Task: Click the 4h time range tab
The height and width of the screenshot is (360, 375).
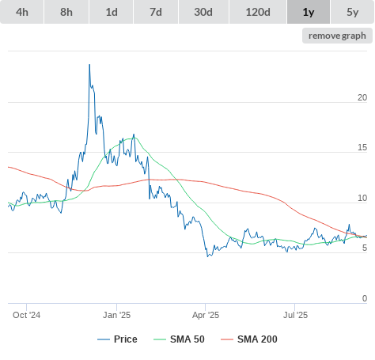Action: [22, 12]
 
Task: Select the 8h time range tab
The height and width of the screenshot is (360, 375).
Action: [66, 12]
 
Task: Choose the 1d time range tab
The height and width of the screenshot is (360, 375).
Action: [112, 12]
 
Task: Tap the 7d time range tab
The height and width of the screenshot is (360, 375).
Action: [156, 12]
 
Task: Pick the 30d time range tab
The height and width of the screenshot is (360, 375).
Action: [203, 12]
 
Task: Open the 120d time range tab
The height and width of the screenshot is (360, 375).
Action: [258, 12]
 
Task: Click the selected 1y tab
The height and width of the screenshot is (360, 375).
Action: [309, 12]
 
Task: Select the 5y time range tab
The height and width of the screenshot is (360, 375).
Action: [353, 12]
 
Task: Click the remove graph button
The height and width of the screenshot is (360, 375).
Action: [337, 36]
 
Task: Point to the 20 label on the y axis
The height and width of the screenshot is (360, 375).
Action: [362, 97]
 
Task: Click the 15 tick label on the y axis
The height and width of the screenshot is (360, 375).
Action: [362, 147]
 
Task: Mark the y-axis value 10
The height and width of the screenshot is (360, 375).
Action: [362, 198]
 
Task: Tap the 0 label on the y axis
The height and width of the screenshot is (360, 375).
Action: [365, 298]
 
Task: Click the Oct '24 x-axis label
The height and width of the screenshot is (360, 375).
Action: [27, 315]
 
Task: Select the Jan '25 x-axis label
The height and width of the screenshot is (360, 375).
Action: [116, 315]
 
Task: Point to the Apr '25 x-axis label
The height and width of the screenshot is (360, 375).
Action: [206, 315]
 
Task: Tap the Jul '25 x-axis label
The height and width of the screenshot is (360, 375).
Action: [295, 315]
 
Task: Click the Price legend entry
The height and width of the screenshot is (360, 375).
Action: [117, 339]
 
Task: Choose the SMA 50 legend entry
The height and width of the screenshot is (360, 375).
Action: [179, 339]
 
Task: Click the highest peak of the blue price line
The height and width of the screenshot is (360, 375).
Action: [89, 65]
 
